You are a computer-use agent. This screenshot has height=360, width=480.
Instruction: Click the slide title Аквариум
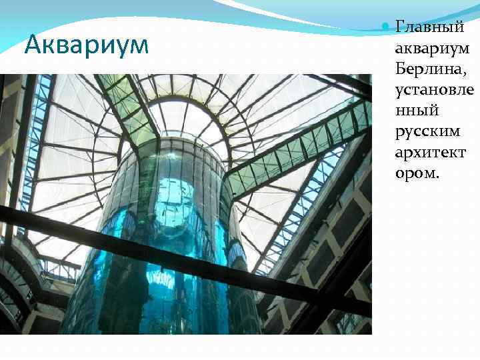point(85,45)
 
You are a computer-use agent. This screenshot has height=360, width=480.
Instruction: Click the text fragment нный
point(417,109)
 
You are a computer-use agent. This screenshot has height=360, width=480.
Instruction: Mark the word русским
point(427,131)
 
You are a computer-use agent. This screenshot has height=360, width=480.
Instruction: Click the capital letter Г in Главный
point(401,28)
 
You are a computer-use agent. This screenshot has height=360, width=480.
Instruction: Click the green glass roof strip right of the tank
point(300,147)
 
